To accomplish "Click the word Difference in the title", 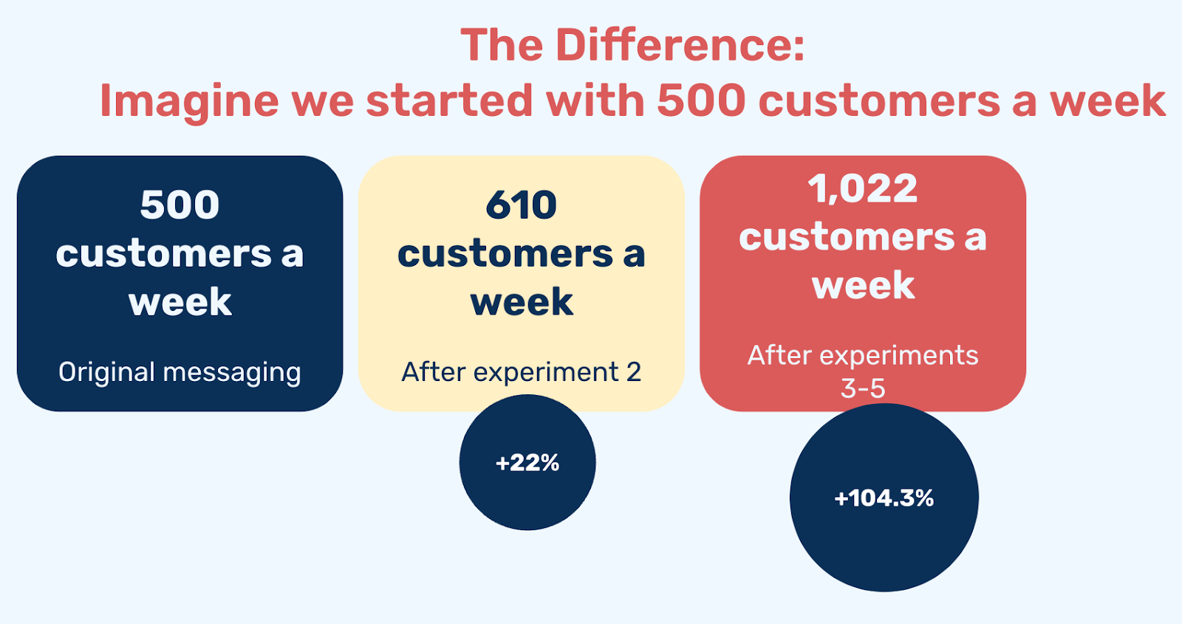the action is coord(680,45).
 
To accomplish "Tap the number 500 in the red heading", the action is coord(701,100).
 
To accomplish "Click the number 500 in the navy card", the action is coord(180,205).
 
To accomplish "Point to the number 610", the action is coord(522,205).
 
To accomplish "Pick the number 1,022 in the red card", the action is coord(863,189).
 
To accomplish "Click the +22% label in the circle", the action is coord(527,462).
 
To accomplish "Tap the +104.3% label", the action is coord(884,498).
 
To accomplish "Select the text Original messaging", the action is coord(180,372).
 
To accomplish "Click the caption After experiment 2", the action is coord(522,372).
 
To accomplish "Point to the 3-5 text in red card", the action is coord(863,388).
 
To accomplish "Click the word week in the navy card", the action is coord(180,302).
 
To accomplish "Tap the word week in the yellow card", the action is coord(522,302).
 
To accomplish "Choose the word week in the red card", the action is coord(864,285).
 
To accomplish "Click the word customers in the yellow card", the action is coord(504,254).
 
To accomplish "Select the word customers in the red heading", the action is coord(879,100).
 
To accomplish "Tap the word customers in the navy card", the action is coord(163,254).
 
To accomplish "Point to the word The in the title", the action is coord(502,45).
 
